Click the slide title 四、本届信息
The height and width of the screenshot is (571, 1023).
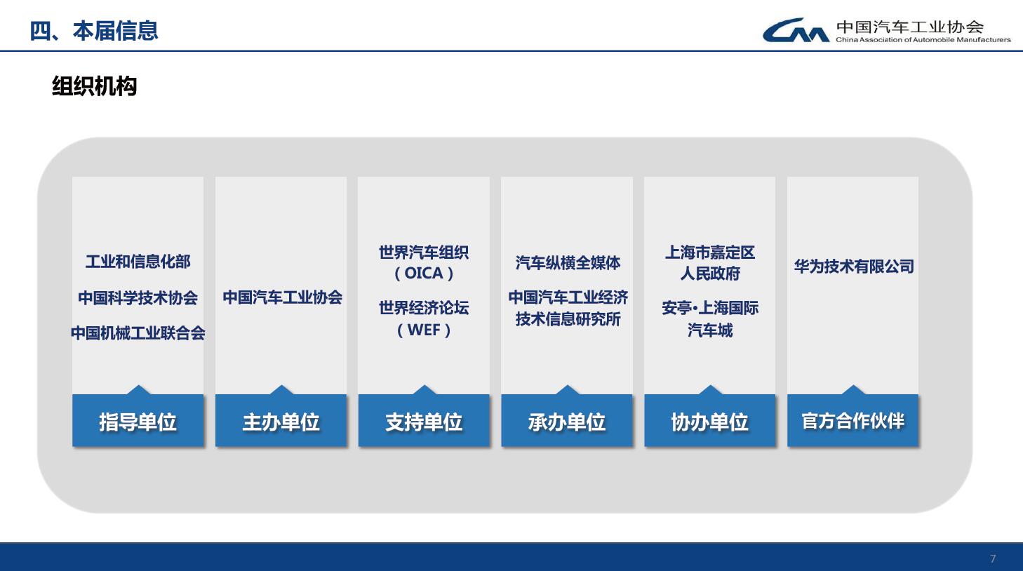pos(93,31)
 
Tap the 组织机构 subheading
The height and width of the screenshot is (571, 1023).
pos(94,86)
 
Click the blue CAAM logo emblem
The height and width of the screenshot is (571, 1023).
pos(796,30)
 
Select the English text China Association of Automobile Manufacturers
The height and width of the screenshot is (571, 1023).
pos(923,40)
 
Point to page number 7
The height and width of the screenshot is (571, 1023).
pos(993,558)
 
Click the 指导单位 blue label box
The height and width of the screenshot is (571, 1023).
pos(138,420)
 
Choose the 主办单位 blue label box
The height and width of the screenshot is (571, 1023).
pos(281,420)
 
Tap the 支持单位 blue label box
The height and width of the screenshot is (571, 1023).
pos(424,420)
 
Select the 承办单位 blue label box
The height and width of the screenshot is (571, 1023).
pos(567,420)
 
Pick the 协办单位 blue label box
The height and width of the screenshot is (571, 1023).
pos(709,420)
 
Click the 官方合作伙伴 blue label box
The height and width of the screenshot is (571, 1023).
pos(852,420)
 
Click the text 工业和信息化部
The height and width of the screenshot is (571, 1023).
pos(138,262)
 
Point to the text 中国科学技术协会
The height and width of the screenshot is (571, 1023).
pos(138,297)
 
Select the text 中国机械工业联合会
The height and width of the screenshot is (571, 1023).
pos(138,332)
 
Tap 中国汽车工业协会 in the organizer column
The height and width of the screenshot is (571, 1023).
pos(283,297)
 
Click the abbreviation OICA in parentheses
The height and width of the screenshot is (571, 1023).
pos(424,273)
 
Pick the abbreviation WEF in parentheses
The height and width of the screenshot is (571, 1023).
pos(424,330)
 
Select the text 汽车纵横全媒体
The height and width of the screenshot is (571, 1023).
pos(568,262)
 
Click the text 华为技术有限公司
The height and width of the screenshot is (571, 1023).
pos(854,266)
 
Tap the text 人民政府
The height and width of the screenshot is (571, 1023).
pos(709,274)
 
